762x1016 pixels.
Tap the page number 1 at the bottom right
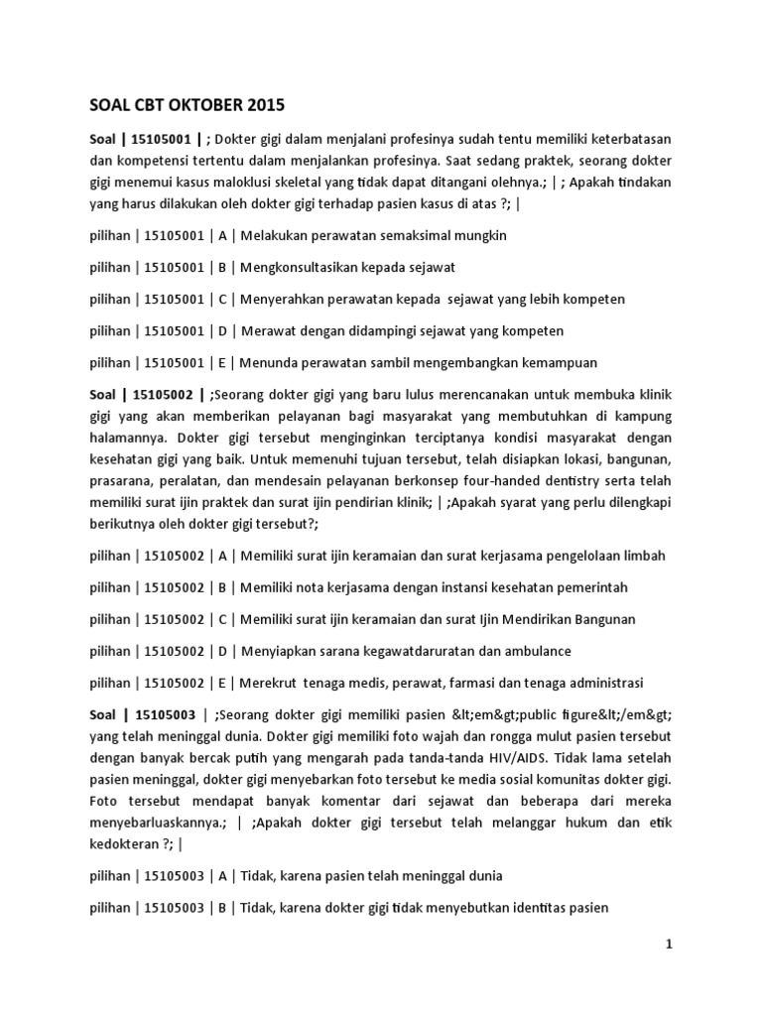coord(669,946)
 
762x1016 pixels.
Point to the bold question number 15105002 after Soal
coord(163,396)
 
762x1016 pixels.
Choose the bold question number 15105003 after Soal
coord(163,714)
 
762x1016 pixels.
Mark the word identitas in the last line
coord(528,907)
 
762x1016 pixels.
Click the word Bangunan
coord(600,619)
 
